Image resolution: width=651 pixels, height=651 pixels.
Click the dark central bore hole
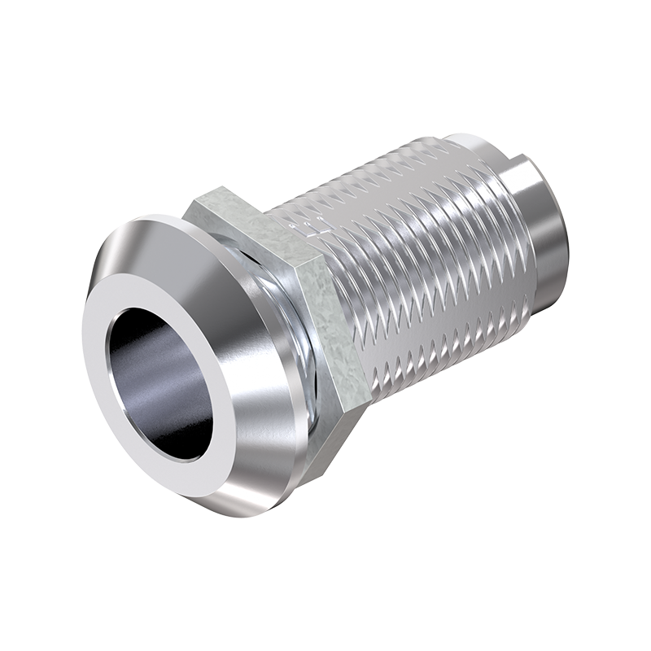[159, 382]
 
